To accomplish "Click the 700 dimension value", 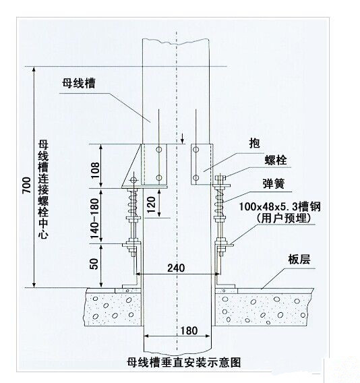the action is click(26, 185).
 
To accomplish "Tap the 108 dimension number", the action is click(95, 170).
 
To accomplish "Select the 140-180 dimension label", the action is click(95, 218).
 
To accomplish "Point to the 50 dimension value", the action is click(94, 264).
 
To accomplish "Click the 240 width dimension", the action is click(176, 268).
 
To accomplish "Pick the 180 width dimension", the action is click(189, 330).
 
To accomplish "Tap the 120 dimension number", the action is click(152, 205).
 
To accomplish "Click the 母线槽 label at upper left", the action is click(79, 83).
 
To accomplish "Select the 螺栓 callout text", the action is click(276, 160).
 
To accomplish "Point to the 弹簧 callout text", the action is click(274, 183).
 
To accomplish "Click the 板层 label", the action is click(299, 260).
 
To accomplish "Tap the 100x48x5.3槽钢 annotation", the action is click(280, 206).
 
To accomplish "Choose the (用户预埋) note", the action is click(284, 218).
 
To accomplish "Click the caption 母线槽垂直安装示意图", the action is click(184, 362).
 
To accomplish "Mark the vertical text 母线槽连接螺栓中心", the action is click(43, 189).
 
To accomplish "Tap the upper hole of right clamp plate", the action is click(196, 150).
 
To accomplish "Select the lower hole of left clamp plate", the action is click(159, 178).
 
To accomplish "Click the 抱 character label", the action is click(254, 143).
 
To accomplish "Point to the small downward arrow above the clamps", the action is click(182, 138).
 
